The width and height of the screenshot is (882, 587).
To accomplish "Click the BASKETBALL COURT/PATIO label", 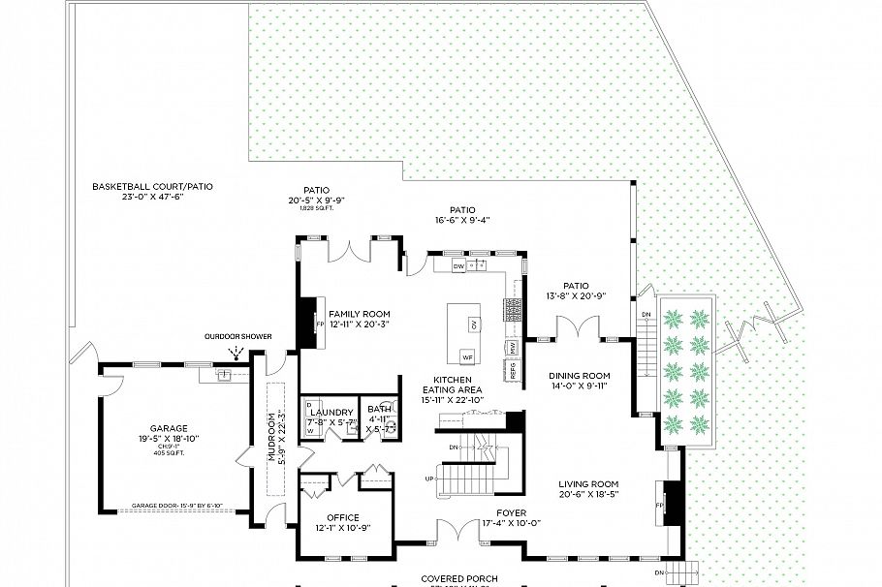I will pyautogui.click(x=152, y=186).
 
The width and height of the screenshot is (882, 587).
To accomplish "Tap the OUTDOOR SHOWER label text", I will pyautogui.click(x=237, y=337).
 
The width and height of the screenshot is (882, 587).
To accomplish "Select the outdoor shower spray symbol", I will pyautogui.click(x=234, y=353).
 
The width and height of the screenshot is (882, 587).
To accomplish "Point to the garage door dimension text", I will pyautogui.click(x=177, y=506).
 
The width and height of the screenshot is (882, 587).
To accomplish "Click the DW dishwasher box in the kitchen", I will pyautogui.click(x=458, y=264).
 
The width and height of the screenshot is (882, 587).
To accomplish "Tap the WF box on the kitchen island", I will pyautogui.click(x=467, y=356).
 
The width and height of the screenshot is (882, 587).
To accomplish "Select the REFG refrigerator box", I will pyautogui.click(x=511, y=369).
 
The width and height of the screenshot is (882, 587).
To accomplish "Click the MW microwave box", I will pyautogui.click(x=510, y=346).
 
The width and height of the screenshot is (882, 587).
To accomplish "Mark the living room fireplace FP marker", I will pyautogui.click(x=662, y=506).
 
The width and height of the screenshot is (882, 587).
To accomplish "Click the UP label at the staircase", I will pyautogui.click(x=429, y=479).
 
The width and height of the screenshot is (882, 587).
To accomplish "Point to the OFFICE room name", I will pyautogui.click(x=344, y=517).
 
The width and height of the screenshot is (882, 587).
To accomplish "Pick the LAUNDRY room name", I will pyautogui.click(x=331, y=412).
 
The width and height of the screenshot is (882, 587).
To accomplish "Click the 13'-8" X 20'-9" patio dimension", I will pyautogui.click(x=577, y=296).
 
